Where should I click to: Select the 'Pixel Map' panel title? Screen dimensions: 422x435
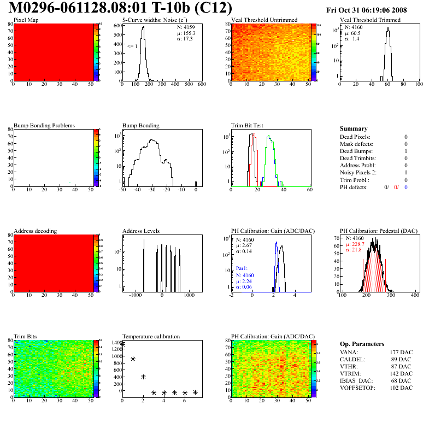[x=26, y=20]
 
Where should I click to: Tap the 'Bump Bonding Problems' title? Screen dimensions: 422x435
[x=44, y=125]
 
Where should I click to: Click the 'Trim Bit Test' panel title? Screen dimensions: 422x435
[x=247, y=125]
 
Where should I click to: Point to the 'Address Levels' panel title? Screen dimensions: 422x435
[x=141, y=231]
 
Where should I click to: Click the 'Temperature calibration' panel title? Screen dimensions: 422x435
[x=151, y=336]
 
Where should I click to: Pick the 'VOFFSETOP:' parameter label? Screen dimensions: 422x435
[x=357, y=388]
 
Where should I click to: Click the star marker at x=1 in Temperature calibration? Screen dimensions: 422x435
[x=133, y=359]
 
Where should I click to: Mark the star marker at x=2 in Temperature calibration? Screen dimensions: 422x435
[x=143, y=377]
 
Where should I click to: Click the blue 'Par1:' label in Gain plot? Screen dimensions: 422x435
[x=243, y=268]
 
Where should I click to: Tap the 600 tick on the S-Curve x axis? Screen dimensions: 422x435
[x=201, y=85]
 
